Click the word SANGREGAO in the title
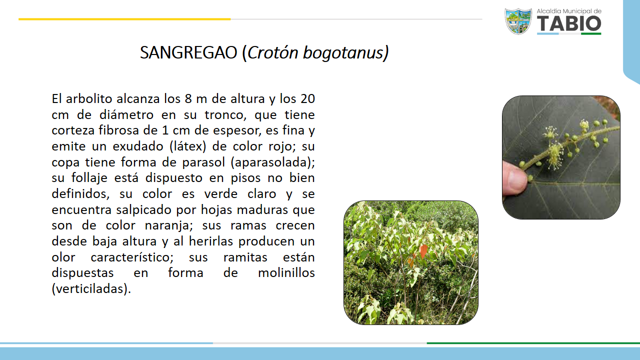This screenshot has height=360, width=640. [188, 52]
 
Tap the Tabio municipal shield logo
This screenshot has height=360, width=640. [518, 21]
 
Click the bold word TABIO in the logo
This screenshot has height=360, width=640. [569, 23]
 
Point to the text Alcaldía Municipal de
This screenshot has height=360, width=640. [569, 11]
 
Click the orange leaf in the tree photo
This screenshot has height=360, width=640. [423, 251]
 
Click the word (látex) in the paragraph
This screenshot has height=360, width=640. [187, 146]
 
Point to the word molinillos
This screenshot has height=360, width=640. [286, 273]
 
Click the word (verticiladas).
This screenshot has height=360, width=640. [91, 289]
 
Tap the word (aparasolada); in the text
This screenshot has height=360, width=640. [272, 162]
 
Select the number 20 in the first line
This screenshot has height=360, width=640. [307, 99]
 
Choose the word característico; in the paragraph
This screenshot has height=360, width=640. [132, 257]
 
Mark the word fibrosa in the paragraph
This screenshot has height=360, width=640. [119, 130]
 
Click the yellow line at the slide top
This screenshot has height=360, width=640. [124, 19]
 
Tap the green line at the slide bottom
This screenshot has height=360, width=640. [533, 343]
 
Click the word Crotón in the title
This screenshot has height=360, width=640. [272, 52]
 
